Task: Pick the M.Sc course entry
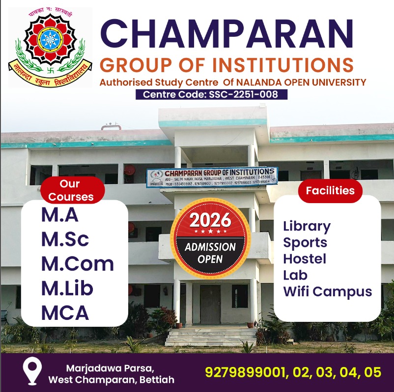[x=65, y=239]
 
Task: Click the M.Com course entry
[x=78, y=263]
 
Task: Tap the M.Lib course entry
[x=67, y=288]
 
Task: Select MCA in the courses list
[x=65, y=313]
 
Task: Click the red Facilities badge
[x=330, y=190]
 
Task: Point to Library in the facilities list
[x=307, y=226]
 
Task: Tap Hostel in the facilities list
[x=305, y=259]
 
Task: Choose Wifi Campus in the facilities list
[x=327, y=291]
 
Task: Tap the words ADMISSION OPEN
[x=210, y=253]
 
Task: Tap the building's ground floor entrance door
[x=210, y=304]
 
